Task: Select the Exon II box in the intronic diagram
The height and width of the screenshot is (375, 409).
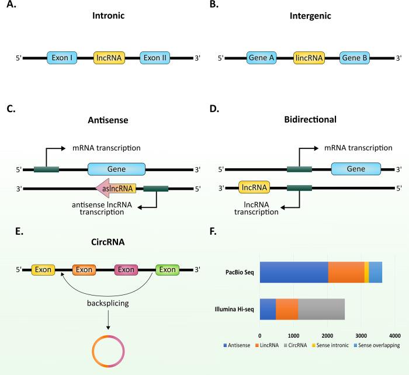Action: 155,58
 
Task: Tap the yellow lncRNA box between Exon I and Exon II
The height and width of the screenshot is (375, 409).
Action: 109,58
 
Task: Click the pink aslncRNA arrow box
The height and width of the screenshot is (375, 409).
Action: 116,188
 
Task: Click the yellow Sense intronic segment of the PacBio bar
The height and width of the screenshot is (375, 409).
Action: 366,273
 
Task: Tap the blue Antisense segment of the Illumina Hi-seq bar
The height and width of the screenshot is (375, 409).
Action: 268,309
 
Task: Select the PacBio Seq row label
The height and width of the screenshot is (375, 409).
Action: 235,273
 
